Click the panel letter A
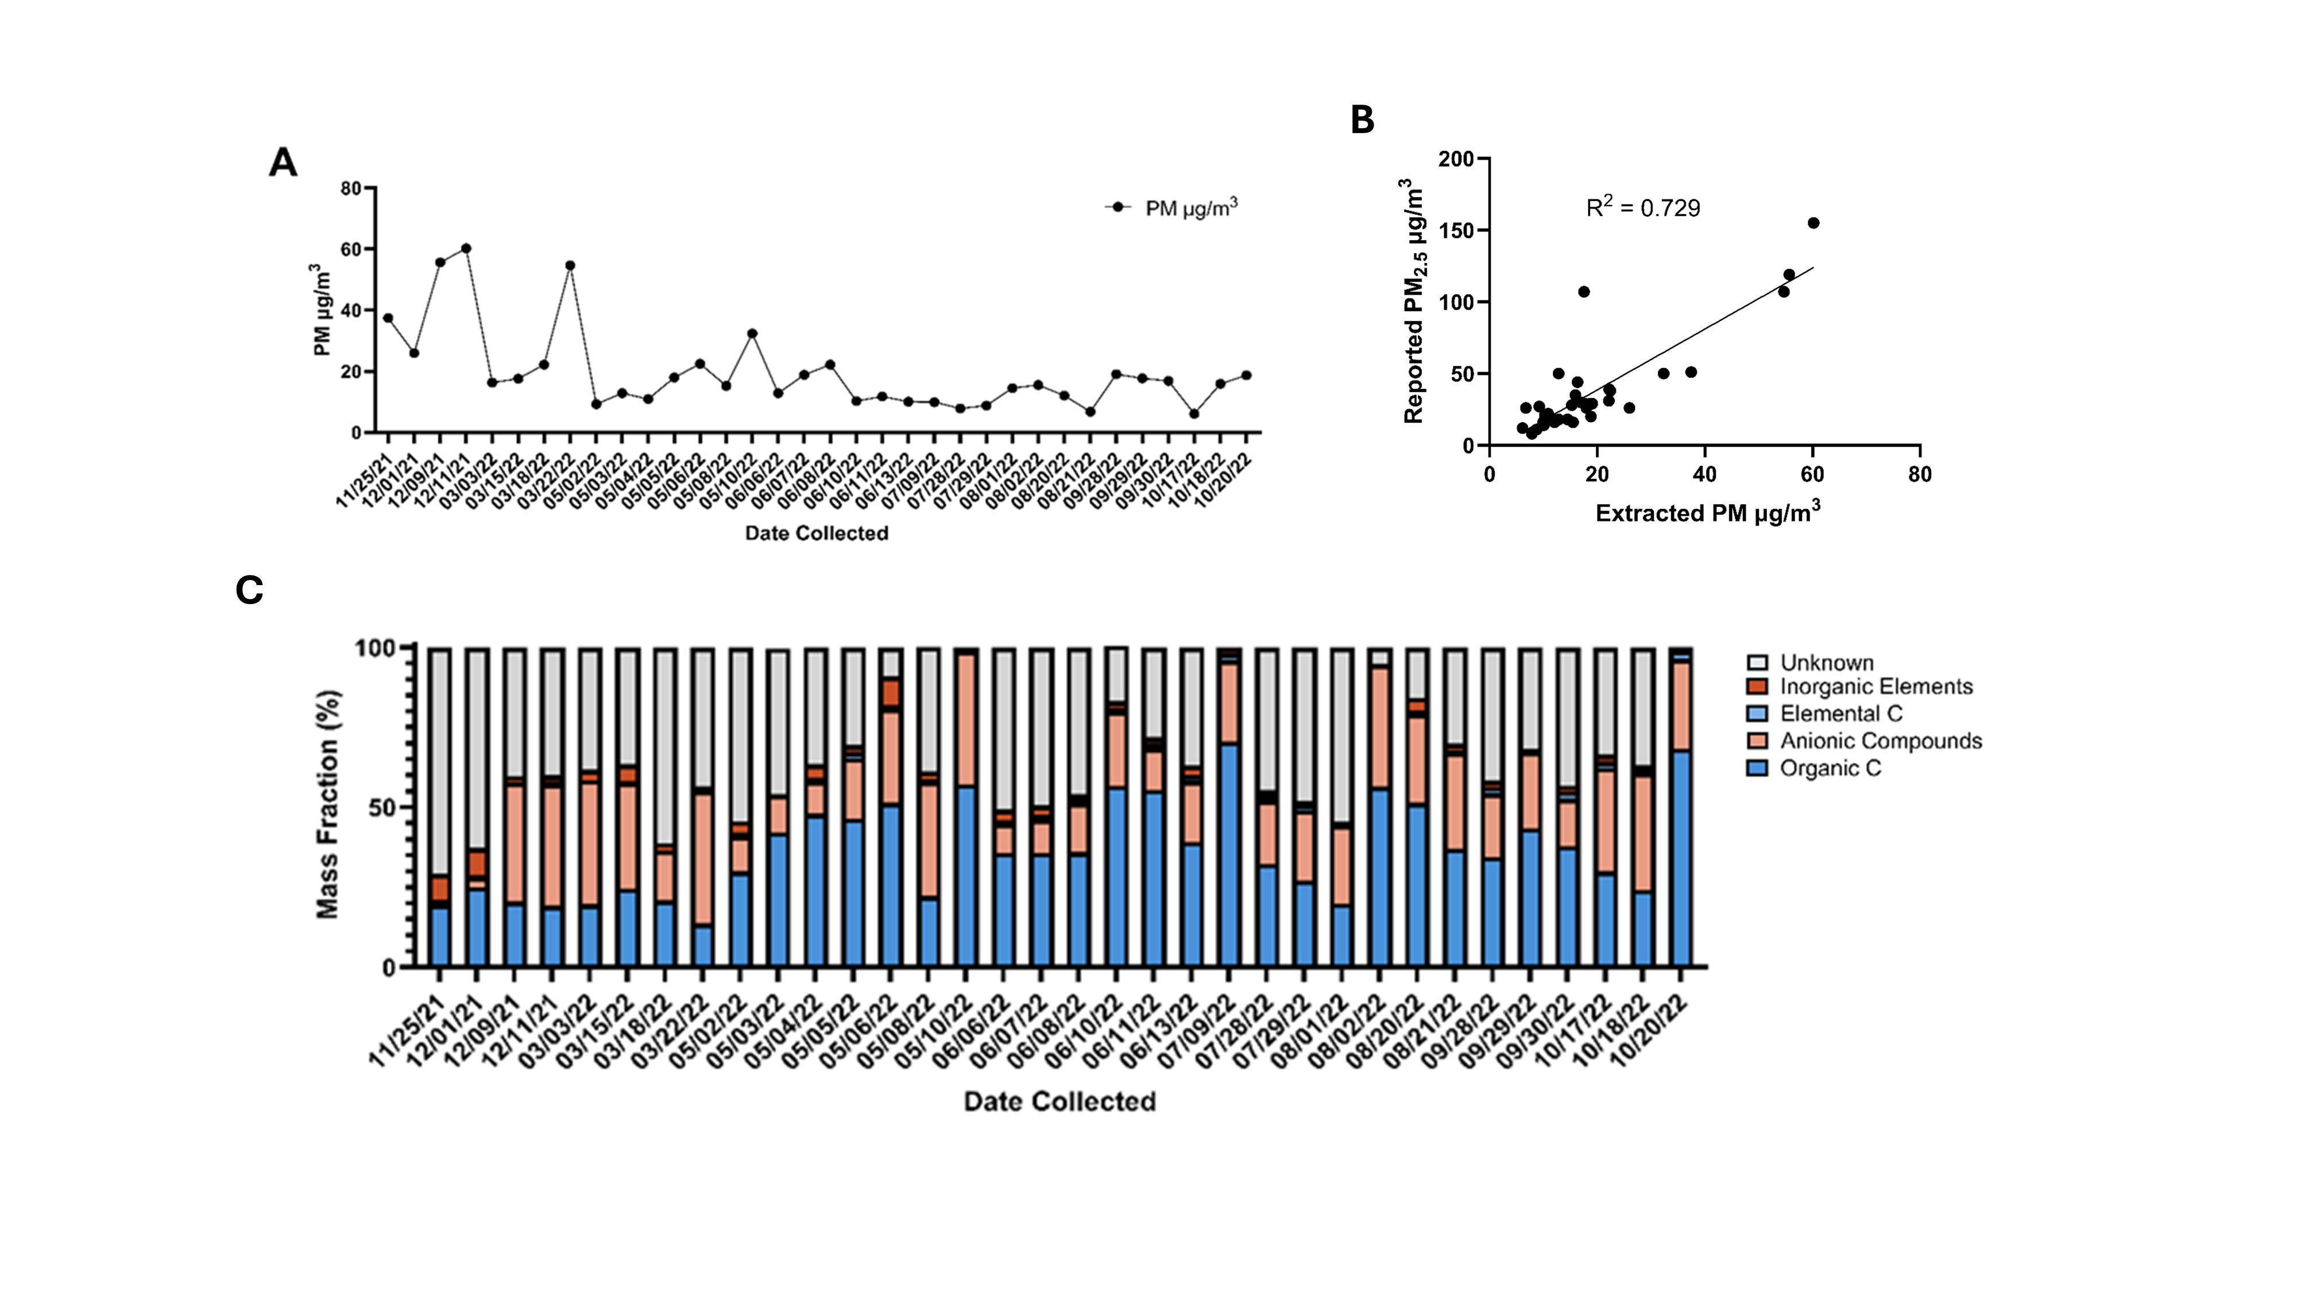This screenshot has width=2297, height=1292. pos(283,163)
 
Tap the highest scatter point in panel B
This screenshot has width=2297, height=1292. pos(1813,223)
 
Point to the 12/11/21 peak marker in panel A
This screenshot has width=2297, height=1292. pos(466,249)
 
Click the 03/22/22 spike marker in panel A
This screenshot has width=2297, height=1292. pos(570,265)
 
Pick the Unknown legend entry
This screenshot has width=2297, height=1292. pos(1826,663)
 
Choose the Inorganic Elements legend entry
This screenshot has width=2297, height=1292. pos(1876,687)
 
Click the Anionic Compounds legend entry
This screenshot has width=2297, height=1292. pos(1880,741)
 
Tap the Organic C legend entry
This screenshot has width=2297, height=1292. pos(1830,769)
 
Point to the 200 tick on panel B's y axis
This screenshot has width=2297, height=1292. pos(1455,158)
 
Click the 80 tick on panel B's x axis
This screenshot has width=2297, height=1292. pos(1919,474)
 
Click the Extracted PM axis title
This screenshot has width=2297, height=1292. pos(1707,513)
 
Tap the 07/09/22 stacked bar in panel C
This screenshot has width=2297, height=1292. pos(1229,807)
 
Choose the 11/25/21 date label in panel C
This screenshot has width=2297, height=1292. pos(406,1030)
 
